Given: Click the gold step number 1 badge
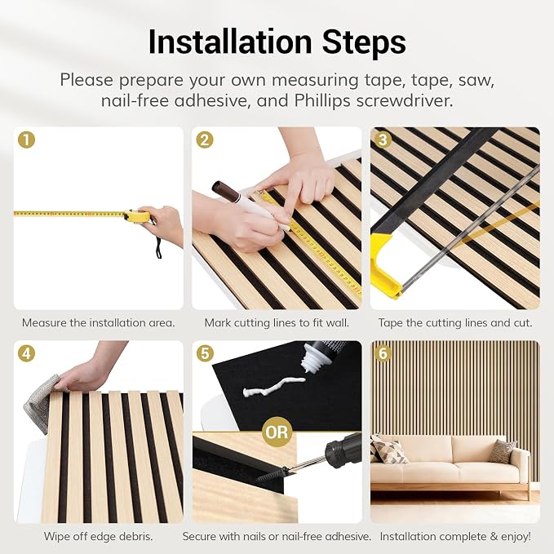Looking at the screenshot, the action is (x=26, y=140).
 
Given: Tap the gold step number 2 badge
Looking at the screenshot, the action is (x=205, y=140).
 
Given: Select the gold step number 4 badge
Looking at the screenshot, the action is (x=26, y=353).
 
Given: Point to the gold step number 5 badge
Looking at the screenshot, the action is (x=205, y=353).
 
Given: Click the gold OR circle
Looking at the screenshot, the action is (x=277, y=432).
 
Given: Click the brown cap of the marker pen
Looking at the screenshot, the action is (x=225, y=190).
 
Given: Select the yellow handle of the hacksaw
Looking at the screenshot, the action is (x=385, y=265).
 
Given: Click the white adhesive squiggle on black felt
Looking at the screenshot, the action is (x=274, y=386).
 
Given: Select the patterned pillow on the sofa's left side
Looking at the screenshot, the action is (x=388, y=450).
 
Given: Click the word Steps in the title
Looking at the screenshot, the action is (x=364, y=42).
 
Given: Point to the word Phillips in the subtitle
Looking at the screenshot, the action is (x=322, y=100).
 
